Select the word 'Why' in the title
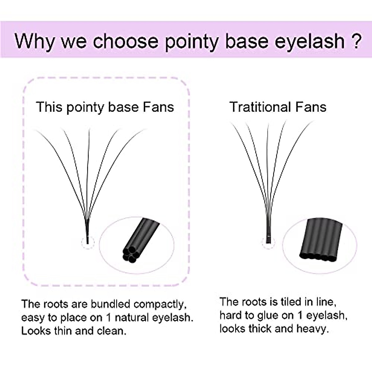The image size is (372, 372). point(34,41)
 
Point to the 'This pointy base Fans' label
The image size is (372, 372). point(105,107)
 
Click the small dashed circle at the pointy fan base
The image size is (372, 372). point(87,242)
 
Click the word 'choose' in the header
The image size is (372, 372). point(126,41)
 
